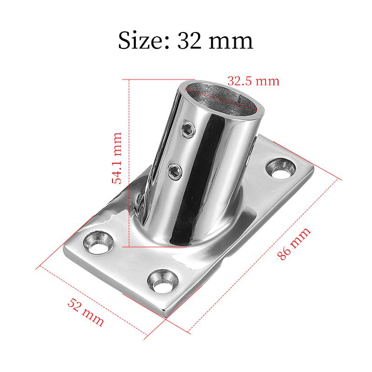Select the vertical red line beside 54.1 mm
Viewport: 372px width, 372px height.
[x=128, y=163]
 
